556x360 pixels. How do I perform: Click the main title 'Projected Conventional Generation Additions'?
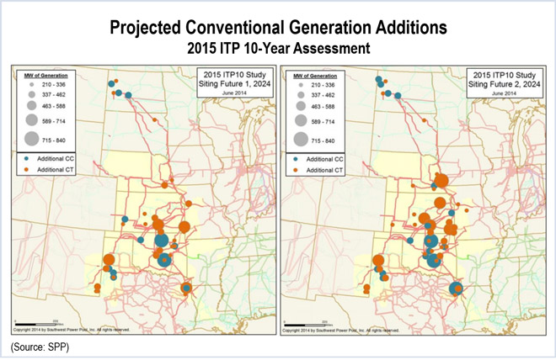tap(277, 27)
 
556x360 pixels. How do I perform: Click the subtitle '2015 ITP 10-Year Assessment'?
tap(277, 50)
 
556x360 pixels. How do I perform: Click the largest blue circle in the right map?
tap(434, 258)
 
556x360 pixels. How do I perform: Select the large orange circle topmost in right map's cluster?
tap(440, 179)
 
